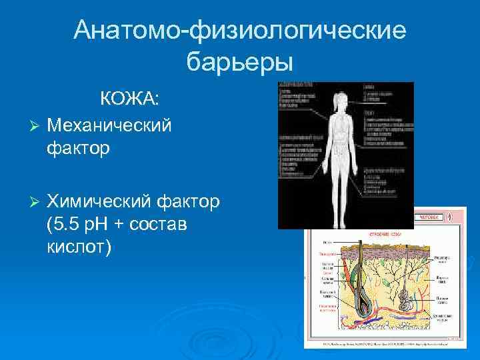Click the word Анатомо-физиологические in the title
239,30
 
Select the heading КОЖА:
130,99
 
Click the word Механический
110,124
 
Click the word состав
161,225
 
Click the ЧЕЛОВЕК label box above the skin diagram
429,217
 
